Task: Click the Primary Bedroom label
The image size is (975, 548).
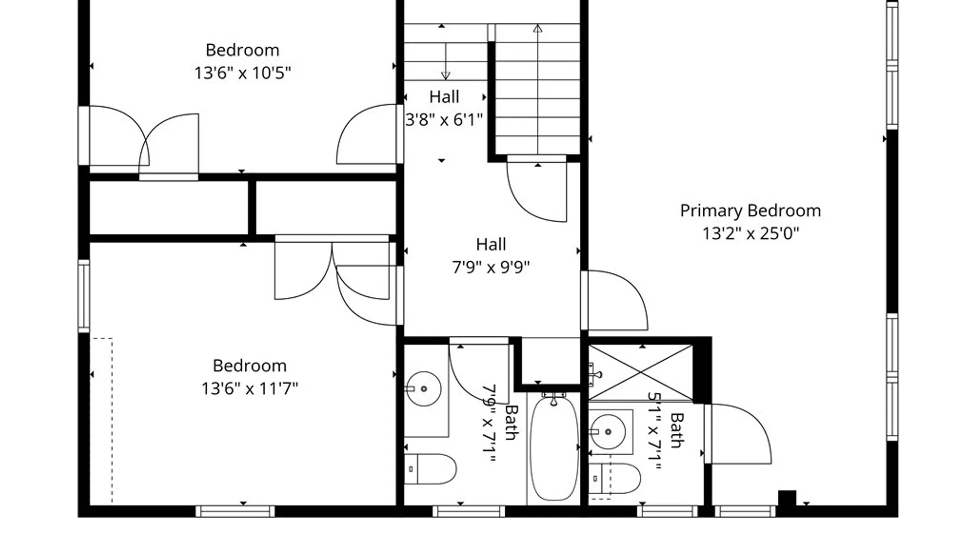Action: coord(750,211)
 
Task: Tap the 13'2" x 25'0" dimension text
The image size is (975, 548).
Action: coord(750,233)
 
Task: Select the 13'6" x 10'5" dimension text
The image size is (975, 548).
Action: coord(242,73)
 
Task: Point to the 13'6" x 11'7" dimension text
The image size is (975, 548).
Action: coord(249,389)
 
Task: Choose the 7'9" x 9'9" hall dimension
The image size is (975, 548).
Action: coord(491,267)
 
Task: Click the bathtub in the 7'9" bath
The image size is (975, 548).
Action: coord(554,449)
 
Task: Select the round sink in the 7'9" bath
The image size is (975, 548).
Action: coord(424,389)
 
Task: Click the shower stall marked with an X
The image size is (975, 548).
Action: coord(641,373)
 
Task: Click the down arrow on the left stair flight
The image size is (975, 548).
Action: coord(445,75)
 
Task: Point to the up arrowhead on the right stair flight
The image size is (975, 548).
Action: coord(538,29)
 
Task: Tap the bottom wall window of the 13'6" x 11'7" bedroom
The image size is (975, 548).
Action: coord(235,511)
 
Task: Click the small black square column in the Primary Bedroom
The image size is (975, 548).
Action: coord(787,498)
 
